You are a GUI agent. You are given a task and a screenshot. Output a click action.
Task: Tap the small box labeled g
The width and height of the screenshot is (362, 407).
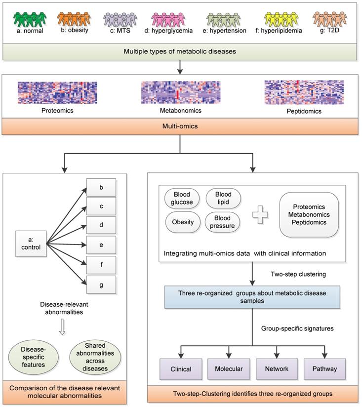[101, 285]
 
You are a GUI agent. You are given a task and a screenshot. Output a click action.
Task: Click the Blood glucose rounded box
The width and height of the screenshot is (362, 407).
[182, 199]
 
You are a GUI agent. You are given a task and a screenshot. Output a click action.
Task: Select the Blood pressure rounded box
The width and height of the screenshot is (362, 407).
[223, 222]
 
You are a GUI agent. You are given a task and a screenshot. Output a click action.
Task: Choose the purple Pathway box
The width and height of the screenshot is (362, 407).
[324, 368]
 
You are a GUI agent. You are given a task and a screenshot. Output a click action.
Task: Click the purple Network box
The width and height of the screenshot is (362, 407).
[276, 368]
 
